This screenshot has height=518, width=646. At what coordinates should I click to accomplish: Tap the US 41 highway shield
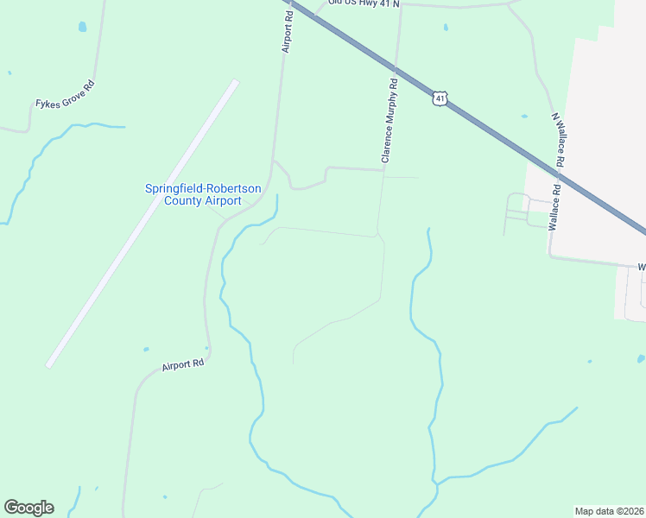click(x=440, y=99)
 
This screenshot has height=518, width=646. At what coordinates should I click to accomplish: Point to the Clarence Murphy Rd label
click(x=389, y=121)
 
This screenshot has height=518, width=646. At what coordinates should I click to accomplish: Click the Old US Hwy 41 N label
click(x=364, y=3)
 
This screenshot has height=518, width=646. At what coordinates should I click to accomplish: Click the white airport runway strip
click(x=142, y=223)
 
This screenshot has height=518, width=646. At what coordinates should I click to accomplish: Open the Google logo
click(x=28, y=508)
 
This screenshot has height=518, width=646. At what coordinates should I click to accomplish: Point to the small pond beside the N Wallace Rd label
click(x=524, y=116)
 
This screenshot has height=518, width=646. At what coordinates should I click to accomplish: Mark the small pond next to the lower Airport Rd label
click(x=146, y=350)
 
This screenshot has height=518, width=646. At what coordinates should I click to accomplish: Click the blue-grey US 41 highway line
click(x=518, y=147)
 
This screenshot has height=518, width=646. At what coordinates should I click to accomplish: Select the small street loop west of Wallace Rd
click(x=517, y=207)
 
